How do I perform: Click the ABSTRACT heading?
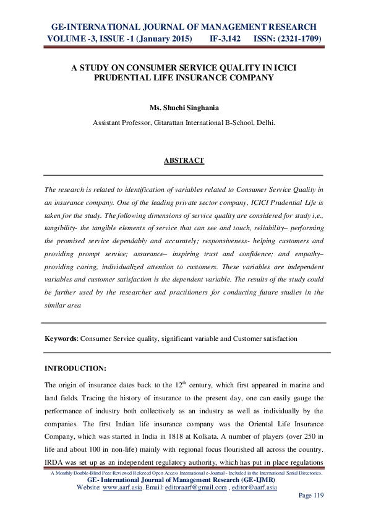184,161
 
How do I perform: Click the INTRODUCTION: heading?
76,368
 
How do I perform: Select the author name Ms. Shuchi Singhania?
184,106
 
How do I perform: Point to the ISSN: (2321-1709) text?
287,38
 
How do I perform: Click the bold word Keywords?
61,339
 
